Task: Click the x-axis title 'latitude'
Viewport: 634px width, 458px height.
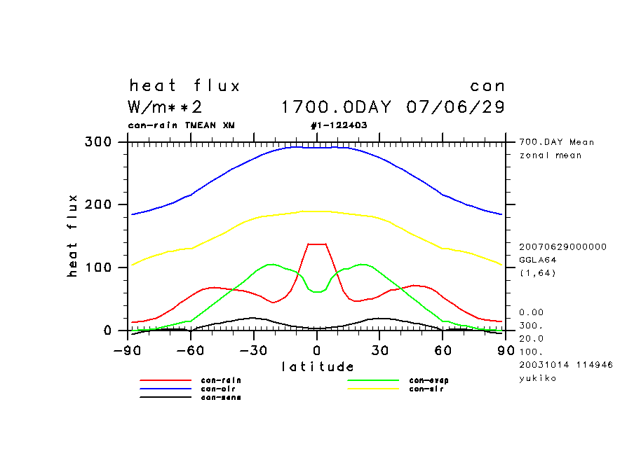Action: pyautogui.click(x=317, y=366)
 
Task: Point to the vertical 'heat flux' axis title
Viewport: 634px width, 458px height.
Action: pyautogui.click(x=73, y=236)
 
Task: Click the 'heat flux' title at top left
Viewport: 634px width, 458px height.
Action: pyautogui.click(x=184, y=86)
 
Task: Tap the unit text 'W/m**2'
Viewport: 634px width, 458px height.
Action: pyautogui.click(x=166, y=107)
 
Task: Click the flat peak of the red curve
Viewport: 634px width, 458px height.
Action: pyautogui.click(x=316, y=244)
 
